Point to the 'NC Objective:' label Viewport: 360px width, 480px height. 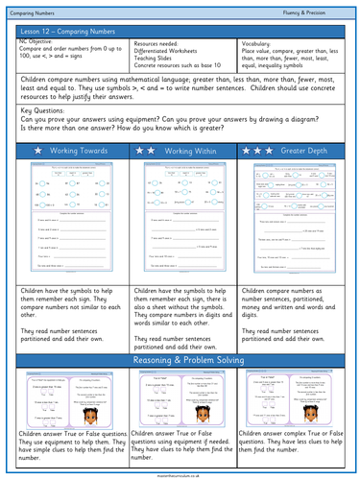pos(37,43)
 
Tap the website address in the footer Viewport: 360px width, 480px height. pos(180,475)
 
